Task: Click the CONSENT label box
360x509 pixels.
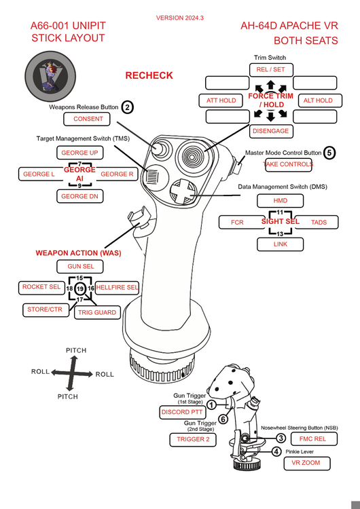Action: point(87,119)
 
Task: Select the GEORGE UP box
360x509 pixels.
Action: point(80,153)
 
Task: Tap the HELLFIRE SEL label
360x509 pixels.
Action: point(117,288)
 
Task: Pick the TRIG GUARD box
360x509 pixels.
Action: point(97,313)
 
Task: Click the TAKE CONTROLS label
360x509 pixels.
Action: point(288,165)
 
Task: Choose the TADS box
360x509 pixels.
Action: point(318,223)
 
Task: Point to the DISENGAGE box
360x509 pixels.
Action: point(271,131)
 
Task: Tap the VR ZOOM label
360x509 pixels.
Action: point(307,464)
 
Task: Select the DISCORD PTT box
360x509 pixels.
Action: point(182,412)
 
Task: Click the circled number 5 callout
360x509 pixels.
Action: point(329,153)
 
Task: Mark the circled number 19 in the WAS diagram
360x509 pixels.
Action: point(80,288)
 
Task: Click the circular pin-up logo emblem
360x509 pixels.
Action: point(50,76)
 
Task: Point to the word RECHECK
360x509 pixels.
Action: point(149,75)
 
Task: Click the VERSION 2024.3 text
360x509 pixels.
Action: point(180,18)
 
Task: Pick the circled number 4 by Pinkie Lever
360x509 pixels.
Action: point(276,451)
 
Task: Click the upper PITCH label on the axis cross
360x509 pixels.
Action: point(76,351)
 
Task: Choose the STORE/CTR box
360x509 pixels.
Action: point(46,309)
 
